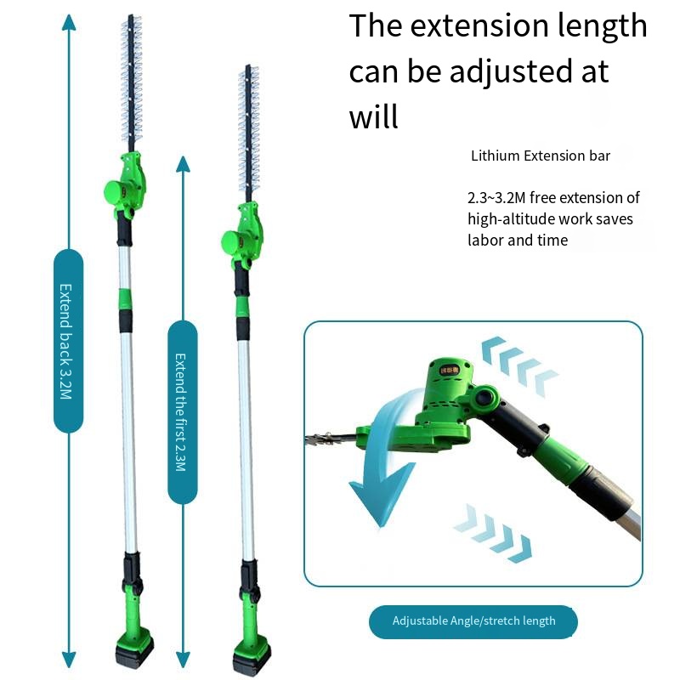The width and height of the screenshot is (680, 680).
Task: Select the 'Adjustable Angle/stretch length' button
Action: click(473, 621)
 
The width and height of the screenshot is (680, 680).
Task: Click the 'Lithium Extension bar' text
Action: click(541, 156)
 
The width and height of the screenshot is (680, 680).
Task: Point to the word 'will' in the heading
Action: click(373, 116)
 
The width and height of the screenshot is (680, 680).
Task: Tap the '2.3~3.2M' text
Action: click(496, 198)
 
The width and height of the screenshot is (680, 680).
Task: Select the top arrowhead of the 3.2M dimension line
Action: click(69, 23)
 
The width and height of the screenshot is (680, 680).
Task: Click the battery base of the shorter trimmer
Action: click(252, 658)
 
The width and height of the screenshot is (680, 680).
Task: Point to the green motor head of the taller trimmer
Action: click(124, 185)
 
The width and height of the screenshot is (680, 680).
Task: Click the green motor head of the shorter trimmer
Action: click(241, 235)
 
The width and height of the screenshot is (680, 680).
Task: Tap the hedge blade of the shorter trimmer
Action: click(248, 133)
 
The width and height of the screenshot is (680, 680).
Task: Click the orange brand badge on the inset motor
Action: click(450, 370)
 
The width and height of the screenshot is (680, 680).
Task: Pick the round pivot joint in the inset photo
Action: click(484, 397)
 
